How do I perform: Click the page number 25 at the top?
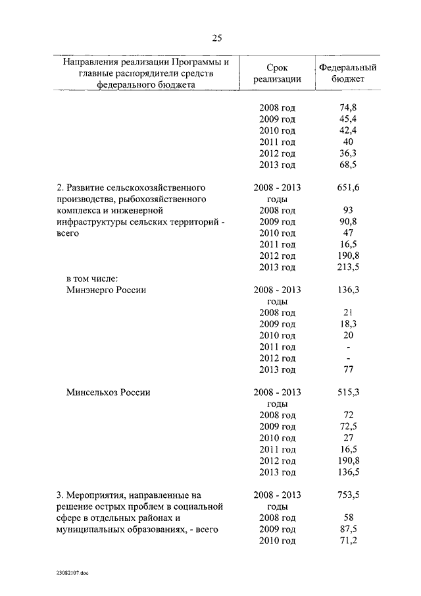pos(217,38)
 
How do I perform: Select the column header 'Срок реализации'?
pos(277,73)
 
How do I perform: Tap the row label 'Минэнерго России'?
pos(106,290)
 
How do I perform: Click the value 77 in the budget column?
pos(349,369)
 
